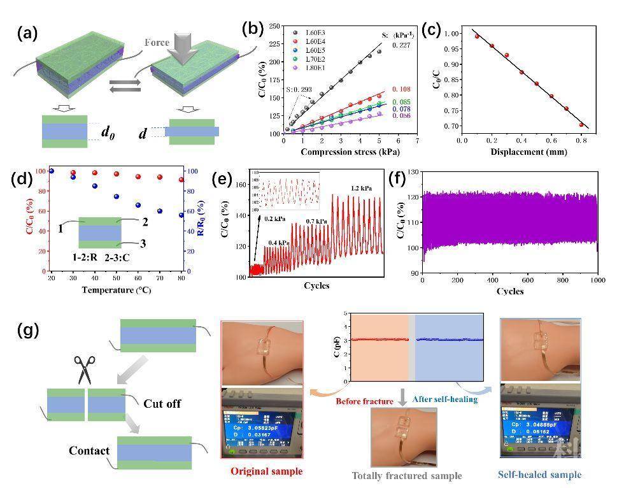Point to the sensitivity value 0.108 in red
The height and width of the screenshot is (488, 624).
[401, 89]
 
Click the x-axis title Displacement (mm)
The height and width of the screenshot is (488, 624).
[525, 153]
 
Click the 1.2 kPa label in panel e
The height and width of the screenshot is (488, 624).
[361, 188]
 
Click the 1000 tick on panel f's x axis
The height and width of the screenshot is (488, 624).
[597, 280]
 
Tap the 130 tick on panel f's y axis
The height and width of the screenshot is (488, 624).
[412, 172]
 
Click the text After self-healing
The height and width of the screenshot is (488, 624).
[444, 399]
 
